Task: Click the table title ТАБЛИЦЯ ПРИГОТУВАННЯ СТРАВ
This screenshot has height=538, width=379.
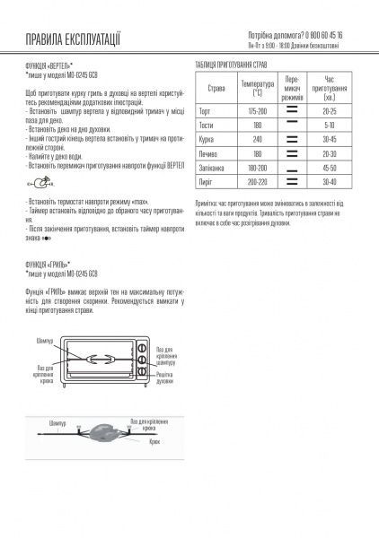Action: point(239,65)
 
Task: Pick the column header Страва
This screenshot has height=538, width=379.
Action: point(216,89)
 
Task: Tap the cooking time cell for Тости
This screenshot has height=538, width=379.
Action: point(329,125)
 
